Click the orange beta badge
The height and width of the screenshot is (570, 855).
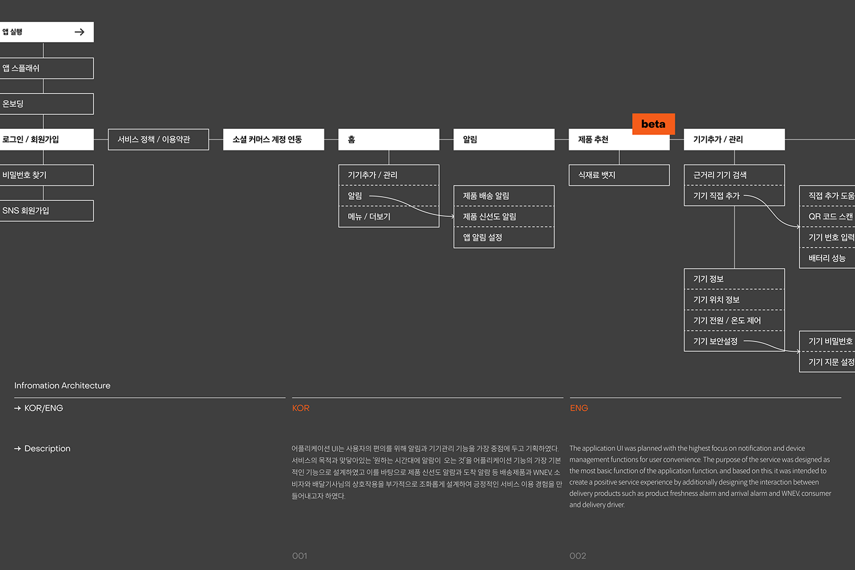(653, 124)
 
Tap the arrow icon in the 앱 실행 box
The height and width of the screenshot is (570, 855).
(79, 32)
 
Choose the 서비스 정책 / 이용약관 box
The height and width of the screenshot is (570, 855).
(158, 139)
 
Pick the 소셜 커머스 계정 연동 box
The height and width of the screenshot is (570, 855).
(273, 139)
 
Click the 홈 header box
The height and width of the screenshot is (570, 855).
(388, 139)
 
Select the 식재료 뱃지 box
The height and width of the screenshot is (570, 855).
(619, 175)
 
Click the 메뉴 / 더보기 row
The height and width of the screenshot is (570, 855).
(388, 217)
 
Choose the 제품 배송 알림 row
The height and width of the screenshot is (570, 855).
(504, 196)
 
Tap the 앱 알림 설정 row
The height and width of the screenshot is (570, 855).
(504, 238)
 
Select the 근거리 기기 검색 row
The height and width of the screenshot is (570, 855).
(734, 175)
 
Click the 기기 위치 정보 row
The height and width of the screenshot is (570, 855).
(734, 300)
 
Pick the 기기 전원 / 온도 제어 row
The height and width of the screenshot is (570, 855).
(734, 321)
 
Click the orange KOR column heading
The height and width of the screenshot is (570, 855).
(300, 408)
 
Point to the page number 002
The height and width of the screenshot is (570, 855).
(578, 556)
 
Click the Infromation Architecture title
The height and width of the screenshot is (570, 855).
(62, 385)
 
